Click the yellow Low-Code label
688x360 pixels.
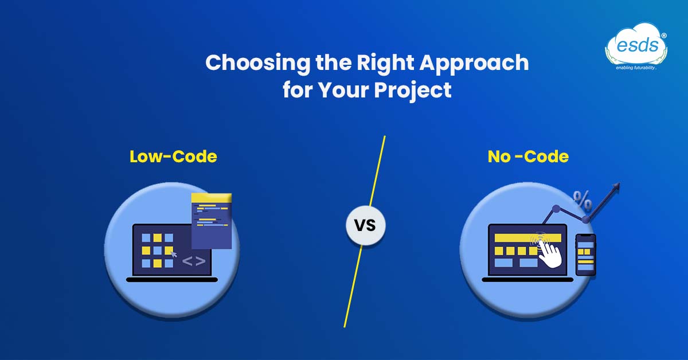tap(173, 156)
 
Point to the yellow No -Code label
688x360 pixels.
tap(527, 156)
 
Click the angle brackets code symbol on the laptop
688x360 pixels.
tap(194, 262)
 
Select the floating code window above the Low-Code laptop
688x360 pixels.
tap(211, 221)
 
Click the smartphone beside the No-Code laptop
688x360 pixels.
tap(585, 255)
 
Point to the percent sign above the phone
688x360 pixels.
tap(583, 201)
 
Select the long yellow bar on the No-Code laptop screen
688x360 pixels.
tap(518, 238)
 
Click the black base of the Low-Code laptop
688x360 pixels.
tap(172, 280)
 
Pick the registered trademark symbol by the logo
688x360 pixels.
tap(664, 36)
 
